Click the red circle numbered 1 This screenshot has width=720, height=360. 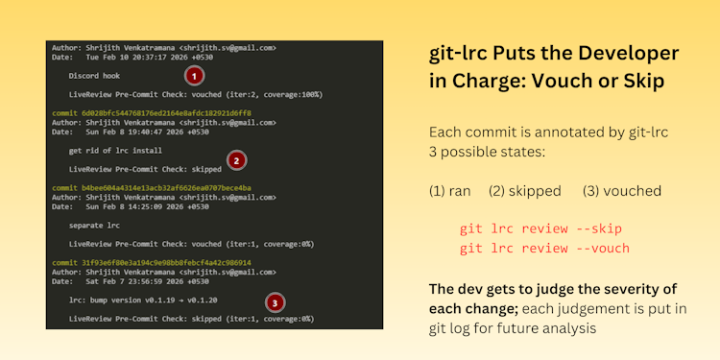193,75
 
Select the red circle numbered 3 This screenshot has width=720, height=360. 276,302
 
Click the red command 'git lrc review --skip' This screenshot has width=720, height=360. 540,228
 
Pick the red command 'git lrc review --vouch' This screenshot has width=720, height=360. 544,248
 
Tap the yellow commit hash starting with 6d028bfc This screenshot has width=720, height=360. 152,112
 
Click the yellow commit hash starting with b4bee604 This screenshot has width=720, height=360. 152,187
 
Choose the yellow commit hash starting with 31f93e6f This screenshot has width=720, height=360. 152,262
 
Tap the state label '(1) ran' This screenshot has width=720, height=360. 449,191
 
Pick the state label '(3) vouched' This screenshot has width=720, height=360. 621,191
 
